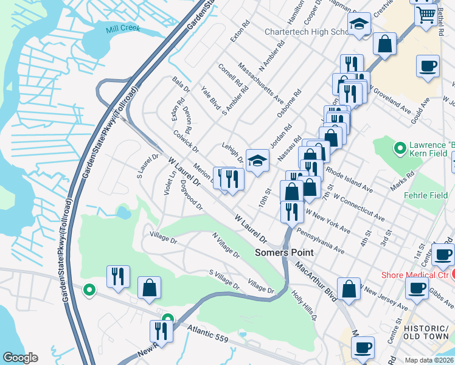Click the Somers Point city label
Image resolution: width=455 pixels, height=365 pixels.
pyautogui.click(x=284, y=252)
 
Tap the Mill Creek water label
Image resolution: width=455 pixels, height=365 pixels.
pyautogui.click(x=122, y=29)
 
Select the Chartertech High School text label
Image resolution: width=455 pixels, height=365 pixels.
pyautogui.click(x=304, y=32)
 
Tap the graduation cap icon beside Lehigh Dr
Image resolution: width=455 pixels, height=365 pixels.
pyautogui.click(x=257, y=161)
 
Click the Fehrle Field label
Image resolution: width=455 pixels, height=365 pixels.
pyautogui.click(x=426, y=195)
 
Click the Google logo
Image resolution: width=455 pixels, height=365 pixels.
pyautogui.click(x=21, y=358)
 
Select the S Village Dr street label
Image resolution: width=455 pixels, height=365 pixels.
pyautogui.click(x=224, y=279)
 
